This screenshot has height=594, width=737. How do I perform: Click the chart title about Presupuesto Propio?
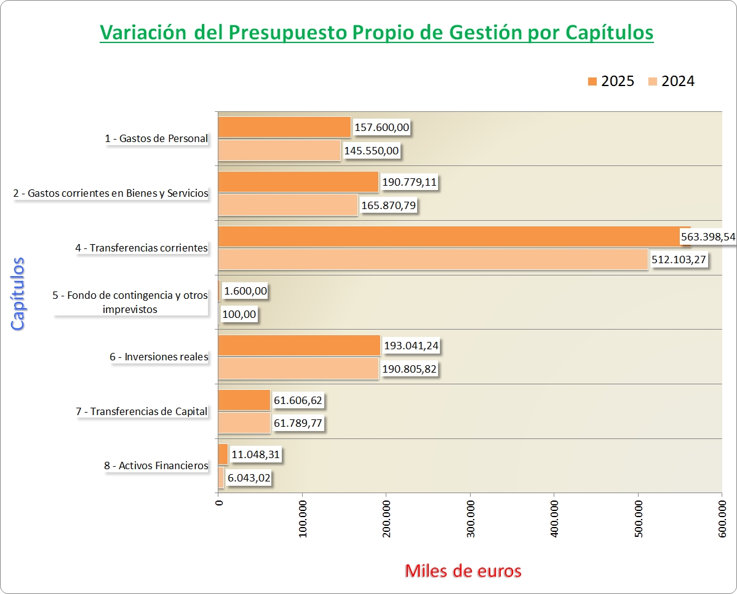pos(376,32)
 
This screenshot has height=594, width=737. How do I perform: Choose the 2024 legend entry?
pos(671,81)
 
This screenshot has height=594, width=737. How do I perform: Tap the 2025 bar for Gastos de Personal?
pos(284,127)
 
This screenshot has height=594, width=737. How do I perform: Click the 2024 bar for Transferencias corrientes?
pos(433,259)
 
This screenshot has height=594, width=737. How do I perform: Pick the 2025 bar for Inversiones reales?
pos(299,346)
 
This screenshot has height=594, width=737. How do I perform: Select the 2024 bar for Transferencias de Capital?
pos(244,423)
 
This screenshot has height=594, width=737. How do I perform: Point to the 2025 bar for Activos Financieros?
pos(223,454)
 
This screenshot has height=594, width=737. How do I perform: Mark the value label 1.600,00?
pos(246,291)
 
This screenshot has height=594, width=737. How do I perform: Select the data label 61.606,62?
pos(298,401)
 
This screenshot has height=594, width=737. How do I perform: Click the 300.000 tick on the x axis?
pos(470,518)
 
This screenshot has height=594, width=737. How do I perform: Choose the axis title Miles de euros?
pos(463,571)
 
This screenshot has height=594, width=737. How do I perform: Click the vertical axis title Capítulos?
pos(18,294)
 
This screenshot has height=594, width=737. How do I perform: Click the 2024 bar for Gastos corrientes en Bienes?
pos(288,205)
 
